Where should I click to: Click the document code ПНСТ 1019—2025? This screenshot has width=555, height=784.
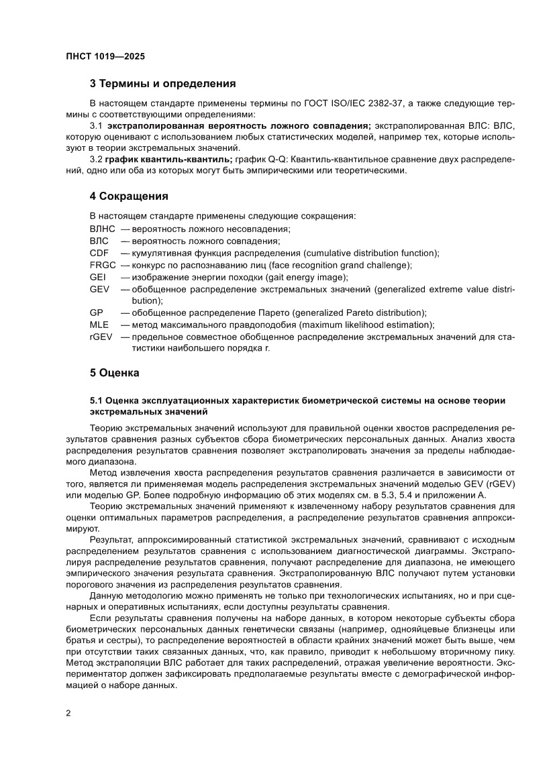coord(105,57)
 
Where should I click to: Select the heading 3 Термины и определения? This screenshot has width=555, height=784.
coord(162,85)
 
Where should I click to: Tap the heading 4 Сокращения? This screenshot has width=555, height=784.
coord(128,197)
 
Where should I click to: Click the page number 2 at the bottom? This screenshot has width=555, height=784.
coord(68,713)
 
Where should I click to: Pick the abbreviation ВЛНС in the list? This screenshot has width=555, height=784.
coord(103,229)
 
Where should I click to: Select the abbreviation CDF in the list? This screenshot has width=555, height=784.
coord(99,253)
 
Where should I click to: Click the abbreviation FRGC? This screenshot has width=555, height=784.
coord(103,265)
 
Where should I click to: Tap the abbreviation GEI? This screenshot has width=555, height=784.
coord(97,277)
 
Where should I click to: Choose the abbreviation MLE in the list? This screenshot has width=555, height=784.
coord(99,325)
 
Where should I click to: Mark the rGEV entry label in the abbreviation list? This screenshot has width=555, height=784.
coord(101,337)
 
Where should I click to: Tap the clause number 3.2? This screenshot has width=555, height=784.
coord(97,159)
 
